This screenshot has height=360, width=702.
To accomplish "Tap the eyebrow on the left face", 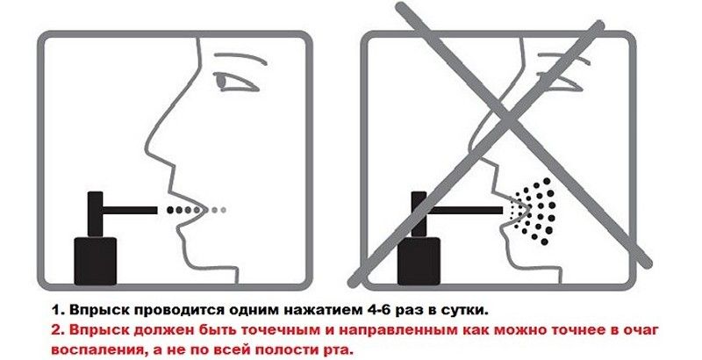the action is [238, 58].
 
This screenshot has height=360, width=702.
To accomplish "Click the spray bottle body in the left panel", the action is [96, 261].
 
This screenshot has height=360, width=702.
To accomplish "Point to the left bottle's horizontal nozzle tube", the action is [130, 210].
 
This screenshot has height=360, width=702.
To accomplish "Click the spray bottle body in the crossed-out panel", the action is [419, 261].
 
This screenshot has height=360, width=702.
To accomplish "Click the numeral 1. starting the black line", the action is [58, 309].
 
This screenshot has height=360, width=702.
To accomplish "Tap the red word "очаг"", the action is [641, 330].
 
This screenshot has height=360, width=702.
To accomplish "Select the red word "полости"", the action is [286, 349].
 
